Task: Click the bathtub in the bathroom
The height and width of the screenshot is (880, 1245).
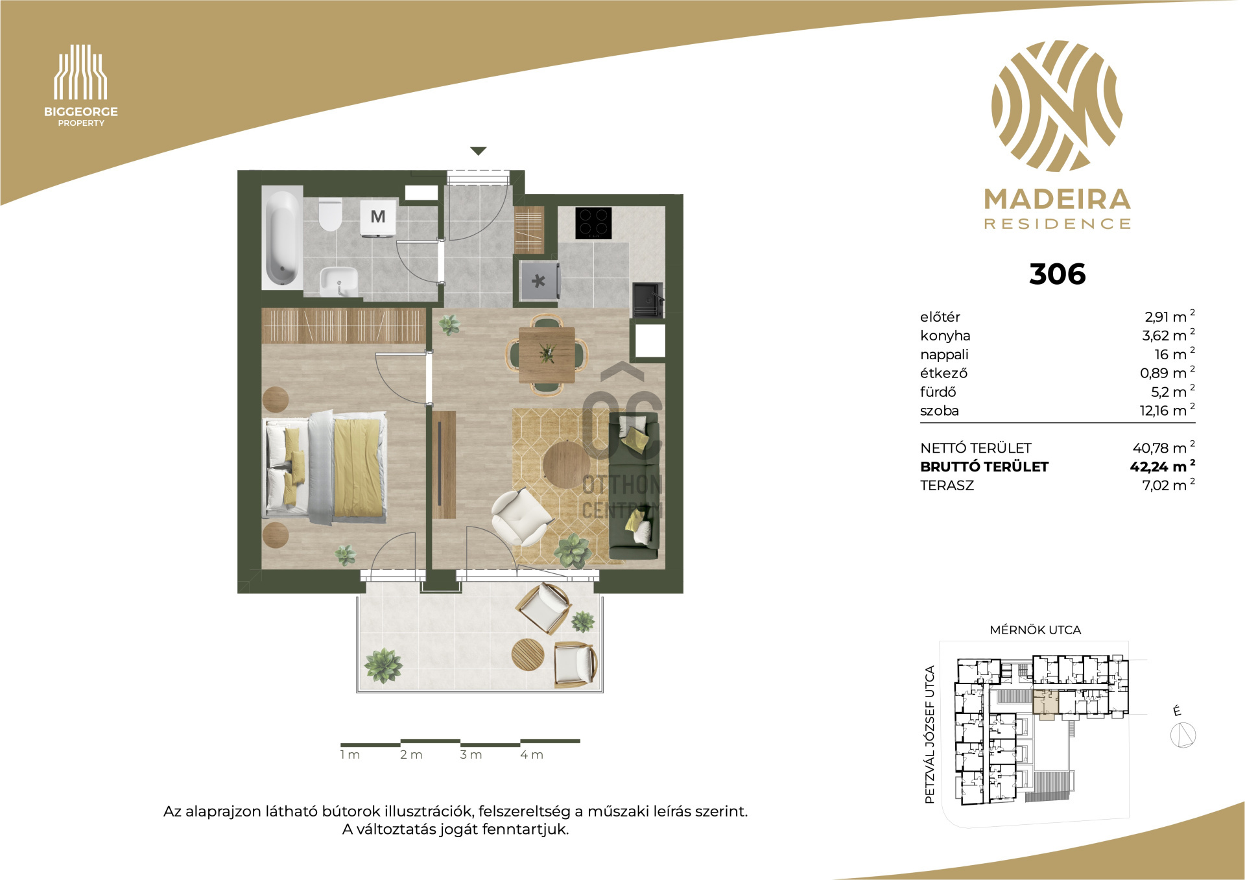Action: (282, 237)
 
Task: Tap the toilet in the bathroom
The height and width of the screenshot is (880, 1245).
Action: (330, 215)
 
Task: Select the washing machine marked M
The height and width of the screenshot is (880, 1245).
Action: (377, 217)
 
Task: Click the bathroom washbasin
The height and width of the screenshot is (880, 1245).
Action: (338, 281)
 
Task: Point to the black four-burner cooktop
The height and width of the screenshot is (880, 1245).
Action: (593, 223)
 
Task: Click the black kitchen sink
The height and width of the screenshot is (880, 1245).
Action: (648, 300)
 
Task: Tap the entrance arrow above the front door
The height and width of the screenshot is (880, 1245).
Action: (478, 151)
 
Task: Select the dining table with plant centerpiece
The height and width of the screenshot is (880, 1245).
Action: (547, 355)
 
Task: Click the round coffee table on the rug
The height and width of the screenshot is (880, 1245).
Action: (566, 464)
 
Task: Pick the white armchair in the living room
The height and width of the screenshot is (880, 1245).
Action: (521, 517)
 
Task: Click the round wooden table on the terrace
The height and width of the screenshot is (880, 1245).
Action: (528, 655)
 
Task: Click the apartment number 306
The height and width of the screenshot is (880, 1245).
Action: (1057, 274)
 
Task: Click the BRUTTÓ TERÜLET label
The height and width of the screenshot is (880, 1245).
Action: (984, 467)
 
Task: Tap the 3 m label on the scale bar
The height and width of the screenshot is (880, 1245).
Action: (471, 755)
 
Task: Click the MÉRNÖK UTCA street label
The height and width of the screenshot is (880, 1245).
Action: (1035, 630)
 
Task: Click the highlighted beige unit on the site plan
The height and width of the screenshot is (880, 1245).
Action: (1045, 705)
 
